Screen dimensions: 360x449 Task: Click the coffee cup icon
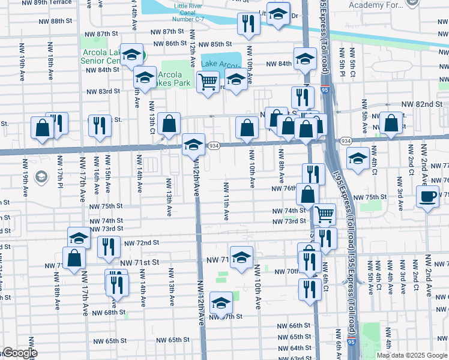(427, 196)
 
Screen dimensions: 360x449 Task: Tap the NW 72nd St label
(142, 243)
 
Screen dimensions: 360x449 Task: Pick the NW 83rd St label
(103, 92)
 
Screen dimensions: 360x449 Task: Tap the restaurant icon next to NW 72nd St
(108, 246)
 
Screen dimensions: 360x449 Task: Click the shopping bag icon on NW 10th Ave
(247, 127)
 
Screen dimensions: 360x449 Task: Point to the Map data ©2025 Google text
(411, 355)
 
